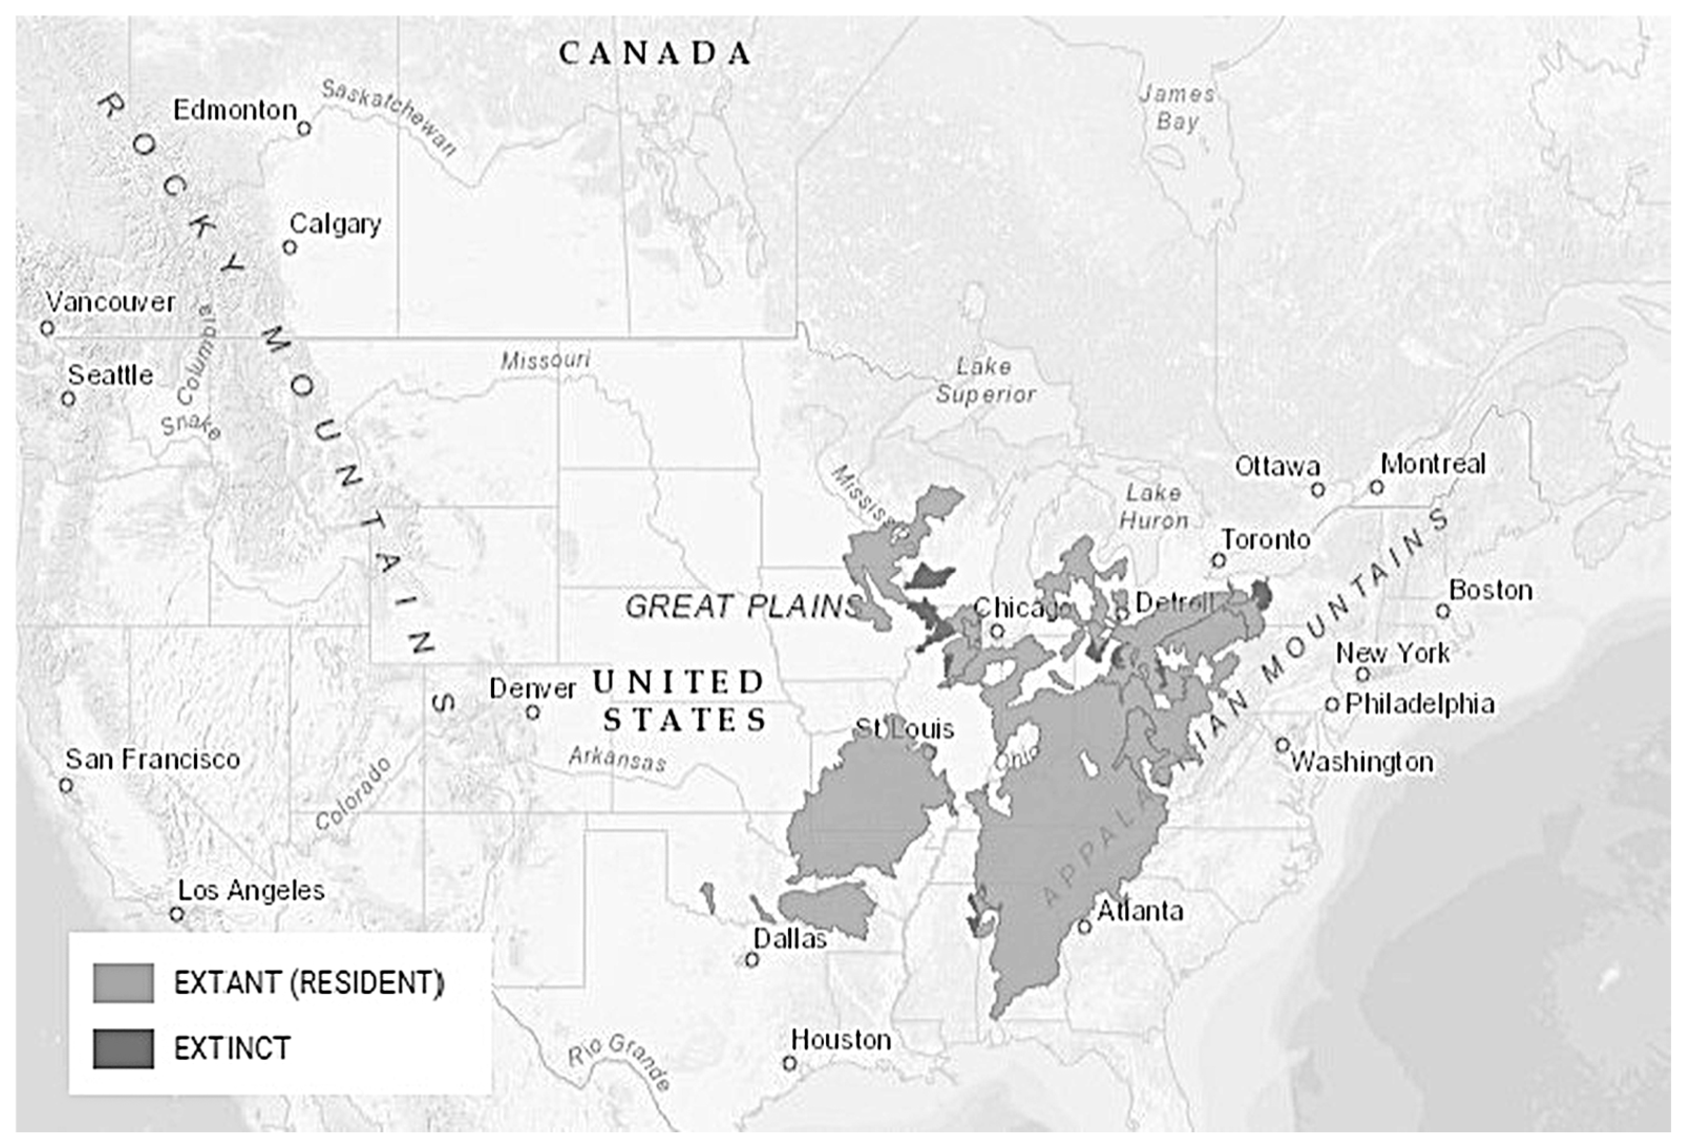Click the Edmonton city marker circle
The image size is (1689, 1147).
(304, 129)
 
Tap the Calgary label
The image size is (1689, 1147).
(335, 224)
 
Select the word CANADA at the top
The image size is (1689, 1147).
(655, 54)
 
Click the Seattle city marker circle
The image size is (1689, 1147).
(68, 398)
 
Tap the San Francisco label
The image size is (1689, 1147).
(153, 760)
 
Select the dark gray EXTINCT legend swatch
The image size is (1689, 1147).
(123, 1048)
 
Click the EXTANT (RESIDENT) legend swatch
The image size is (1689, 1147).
(123, 983)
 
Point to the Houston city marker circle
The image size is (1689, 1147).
(790, 1063)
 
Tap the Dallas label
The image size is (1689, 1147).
(790, 938)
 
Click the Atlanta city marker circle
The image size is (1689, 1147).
(1085, 926)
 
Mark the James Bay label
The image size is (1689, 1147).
(1176, 108)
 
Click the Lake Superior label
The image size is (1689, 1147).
(985, 380)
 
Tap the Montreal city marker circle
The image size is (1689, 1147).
(1376, 487)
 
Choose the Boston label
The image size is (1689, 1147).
(1491, 590)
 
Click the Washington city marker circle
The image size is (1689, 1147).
(1282, 745)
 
